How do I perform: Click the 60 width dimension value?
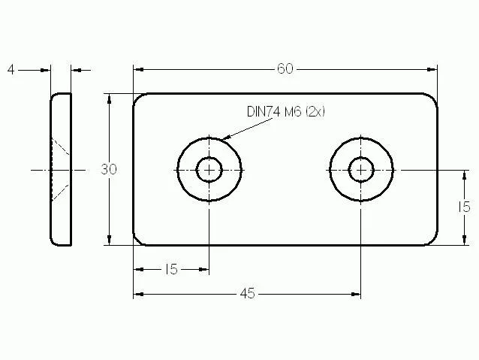click(x=285, y=69)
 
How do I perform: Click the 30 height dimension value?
click(x=109, y=169)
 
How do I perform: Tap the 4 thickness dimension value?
click(x=11, y=70)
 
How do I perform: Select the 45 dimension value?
click(x=247, y=294)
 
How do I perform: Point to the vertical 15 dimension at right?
click(x=464, y=207)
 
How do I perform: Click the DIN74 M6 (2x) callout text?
click(x=285, y=111)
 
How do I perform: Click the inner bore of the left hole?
click(x=209, y=169)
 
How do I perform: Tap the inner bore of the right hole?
click(x=361, y=169)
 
